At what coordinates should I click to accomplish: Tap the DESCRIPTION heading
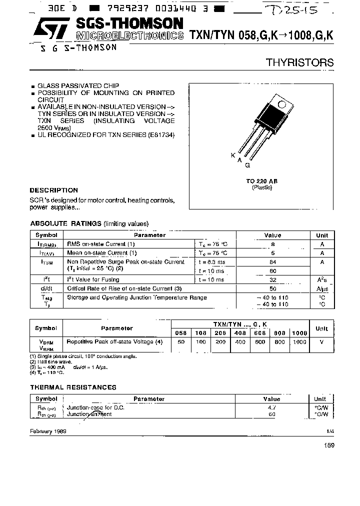(x=54, y=190)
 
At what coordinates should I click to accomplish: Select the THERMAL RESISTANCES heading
(x=73, y=387)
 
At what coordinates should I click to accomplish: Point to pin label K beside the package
(x=233, y=155)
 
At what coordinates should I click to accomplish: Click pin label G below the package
(x=247, y=165)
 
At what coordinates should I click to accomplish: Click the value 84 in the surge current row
(x=272, y=261)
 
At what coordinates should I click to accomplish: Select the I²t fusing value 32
(x=272, y=280)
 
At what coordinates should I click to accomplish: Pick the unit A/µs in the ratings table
(x=322, y=288)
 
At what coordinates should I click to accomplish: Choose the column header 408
(x=240, y=332)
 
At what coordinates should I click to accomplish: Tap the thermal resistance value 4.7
(x=272, y=407)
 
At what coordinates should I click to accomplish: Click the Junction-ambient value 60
(x=272, y=414)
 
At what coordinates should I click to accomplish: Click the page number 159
(x=328, y=445)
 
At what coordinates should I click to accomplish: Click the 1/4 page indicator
(x=330, y=431)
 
